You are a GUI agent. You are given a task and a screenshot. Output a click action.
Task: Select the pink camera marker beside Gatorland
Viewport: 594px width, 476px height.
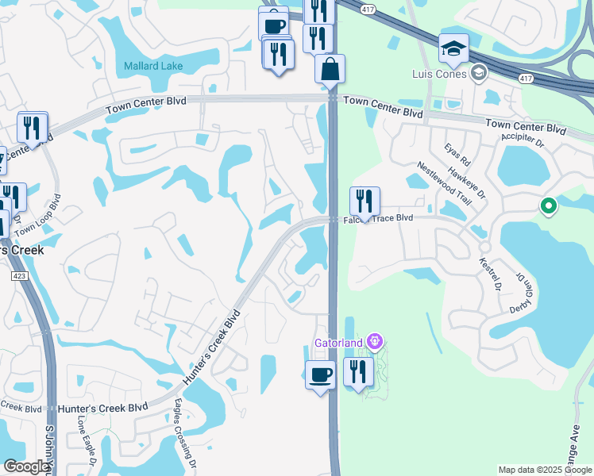tap(376, 343)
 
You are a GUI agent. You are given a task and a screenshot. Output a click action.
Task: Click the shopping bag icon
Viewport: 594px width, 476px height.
tap(330, 69)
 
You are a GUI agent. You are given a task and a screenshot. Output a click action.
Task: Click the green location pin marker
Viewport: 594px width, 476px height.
tap(548, 207)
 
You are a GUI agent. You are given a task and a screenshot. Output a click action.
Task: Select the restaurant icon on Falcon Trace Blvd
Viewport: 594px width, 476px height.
tap(364, 202)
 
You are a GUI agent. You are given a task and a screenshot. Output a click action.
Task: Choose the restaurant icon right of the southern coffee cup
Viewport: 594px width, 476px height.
tap(358, 371)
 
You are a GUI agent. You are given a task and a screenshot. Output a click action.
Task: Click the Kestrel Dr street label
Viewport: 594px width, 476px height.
tap(489, 273)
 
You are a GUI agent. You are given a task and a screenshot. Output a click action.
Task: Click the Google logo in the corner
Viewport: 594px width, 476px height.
tap(26, 466)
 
